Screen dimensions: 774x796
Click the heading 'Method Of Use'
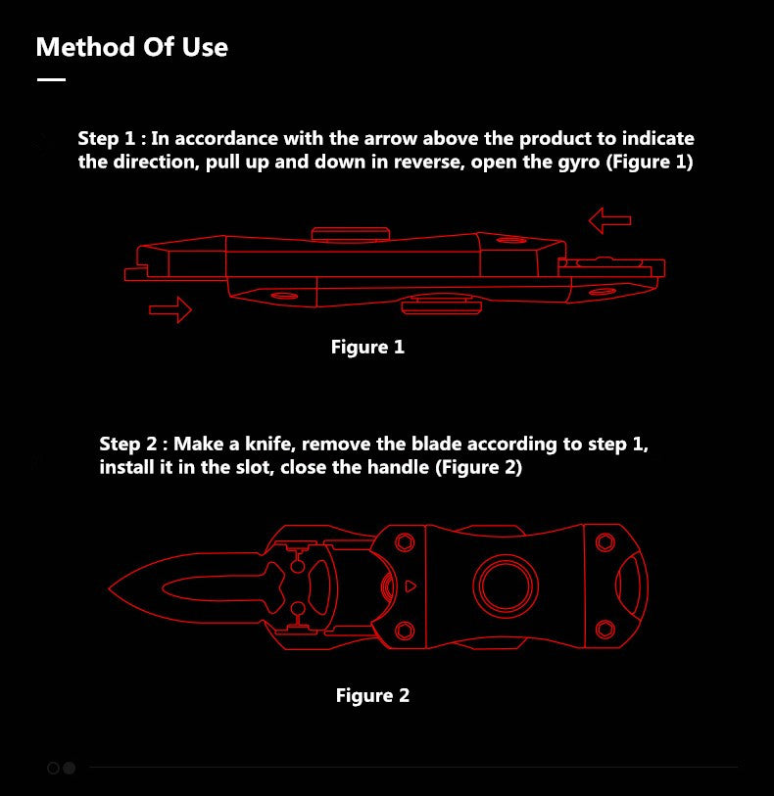pos(132,47)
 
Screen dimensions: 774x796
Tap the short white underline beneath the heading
pos(51,79)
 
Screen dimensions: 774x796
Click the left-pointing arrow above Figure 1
pos(609,220)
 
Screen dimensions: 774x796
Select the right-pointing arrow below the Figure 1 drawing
pos(170,309)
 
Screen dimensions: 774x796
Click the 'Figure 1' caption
pos(367,348)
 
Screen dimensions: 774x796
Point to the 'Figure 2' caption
pos(372,695)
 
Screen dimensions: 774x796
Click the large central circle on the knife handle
pos(506,585)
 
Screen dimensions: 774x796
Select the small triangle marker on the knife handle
pos(411,586)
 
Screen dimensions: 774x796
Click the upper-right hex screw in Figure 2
pos(605,542)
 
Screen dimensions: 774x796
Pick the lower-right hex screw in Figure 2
pos(605,630)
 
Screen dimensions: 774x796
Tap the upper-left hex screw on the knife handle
pos(405,542)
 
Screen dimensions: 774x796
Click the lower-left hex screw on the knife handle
pos(405,631)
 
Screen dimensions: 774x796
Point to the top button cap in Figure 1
pos(351,234)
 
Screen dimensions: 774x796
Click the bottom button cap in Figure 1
pos(441,305)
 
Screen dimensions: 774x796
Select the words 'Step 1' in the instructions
pos(107,139)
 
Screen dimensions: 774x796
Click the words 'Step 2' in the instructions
pos(128,445)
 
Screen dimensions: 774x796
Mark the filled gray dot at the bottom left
pos(69,768)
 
